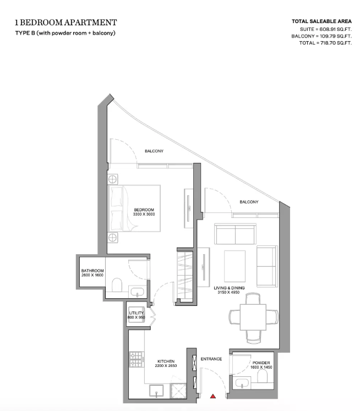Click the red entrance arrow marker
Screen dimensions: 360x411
(213, 396)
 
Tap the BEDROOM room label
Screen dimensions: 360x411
(144, 210)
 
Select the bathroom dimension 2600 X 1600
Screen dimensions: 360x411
(92, 275)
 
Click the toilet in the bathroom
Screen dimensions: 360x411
(117, 285)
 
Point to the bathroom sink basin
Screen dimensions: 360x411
(138, 292)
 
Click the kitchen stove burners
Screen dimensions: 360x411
(137, 359)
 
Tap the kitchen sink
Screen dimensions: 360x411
(156, 390)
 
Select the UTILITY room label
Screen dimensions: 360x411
(137, 313)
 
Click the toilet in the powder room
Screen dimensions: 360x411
(262, 376)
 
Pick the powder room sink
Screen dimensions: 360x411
(242, 383)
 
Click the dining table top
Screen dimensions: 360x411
(253, 317)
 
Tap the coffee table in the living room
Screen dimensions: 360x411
(234, 266)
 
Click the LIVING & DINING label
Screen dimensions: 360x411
(229, 288)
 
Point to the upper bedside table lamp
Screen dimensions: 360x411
(112, 179)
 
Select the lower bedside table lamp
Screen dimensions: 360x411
(112, 238)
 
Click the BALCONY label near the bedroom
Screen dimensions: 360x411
(154, 151)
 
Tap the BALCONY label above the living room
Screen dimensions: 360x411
(249, 202)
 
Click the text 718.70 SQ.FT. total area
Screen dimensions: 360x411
(336, 43)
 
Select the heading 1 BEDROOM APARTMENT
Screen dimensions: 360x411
(66, 23)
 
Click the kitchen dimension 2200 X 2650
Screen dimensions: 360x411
(166, 366)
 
